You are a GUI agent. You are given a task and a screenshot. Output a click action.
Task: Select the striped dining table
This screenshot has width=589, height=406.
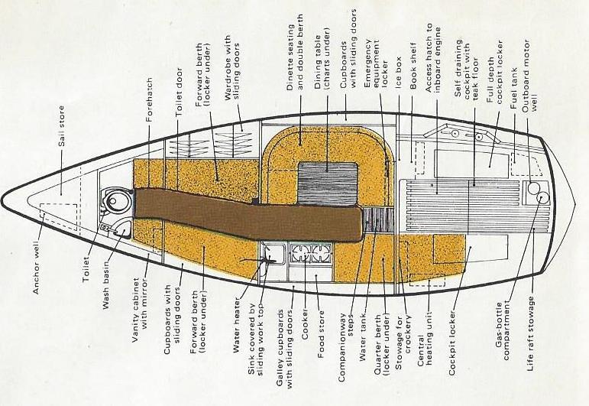[327, 184]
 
